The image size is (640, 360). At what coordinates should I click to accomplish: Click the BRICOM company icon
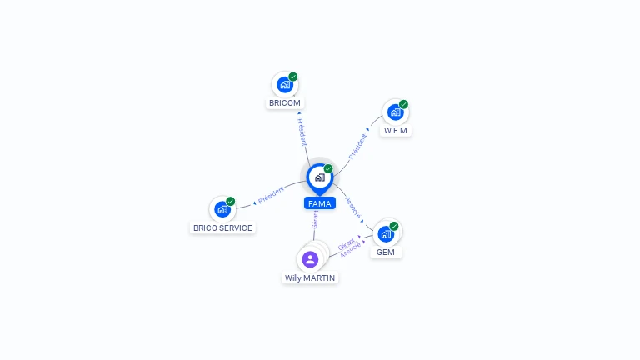(x=284, y=85)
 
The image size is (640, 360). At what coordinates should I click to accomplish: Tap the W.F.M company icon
(x=394, y=112)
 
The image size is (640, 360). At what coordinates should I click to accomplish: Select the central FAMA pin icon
(x=319, y=177)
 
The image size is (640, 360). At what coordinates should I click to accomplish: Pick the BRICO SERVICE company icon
(x=222, y=209)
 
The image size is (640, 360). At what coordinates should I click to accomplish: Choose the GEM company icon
(x=386, y=233)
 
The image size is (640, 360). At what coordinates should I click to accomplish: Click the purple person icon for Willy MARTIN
(x=310, y=259)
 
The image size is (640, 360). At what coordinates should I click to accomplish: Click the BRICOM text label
(x=285, y=103)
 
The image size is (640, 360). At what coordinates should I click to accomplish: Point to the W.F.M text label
(x=397, y=131)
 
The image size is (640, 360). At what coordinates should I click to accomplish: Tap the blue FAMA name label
(x=320, y=203)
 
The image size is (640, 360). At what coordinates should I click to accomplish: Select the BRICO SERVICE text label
(x=222, y=227)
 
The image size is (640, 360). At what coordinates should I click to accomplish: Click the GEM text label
(x=385, y=252)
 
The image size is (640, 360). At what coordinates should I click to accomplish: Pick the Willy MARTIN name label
(x=310, y=277)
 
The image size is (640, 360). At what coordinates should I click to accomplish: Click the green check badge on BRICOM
(x=293, y=77)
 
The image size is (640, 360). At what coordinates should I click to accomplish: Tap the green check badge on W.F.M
(x=403, y=105)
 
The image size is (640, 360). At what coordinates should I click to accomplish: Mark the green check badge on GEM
(x=394, y=226)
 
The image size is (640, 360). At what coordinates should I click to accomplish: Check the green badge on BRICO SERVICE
(x=231, y=202)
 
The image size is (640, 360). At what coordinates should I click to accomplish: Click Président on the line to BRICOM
(x=302, y=131)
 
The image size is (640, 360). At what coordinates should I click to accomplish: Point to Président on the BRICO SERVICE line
(x=271, y=197)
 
